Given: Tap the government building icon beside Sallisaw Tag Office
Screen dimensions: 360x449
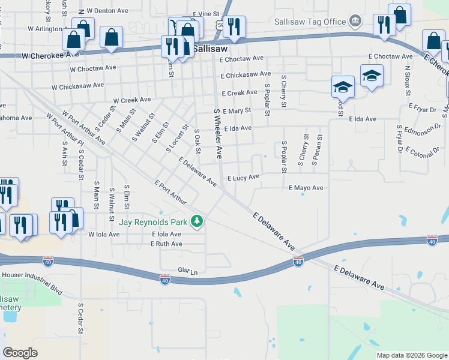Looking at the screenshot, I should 355,22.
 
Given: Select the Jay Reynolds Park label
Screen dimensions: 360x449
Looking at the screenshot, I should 154,222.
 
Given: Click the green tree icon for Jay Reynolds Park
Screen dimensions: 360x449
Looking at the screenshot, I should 196,222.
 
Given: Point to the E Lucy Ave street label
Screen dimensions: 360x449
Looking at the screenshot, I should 243,177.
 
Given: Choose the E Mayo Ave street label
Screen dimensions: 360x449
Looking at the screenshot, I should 306,188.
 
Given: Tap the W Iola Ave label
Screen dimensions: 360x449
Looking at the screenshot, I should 105,234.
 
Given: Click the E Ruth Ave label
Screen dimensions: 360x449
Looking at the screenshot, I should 166,244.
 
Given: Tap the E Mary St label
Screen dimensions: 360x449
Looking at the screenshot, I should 236,111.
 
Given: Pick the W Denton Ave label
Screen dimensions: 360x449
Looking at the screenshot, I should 108,11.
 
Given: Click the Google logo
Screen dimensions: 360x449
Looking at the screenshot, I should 20,353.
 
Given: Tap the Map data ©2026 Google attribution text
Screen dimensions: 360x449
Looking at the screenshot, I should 411,355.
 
